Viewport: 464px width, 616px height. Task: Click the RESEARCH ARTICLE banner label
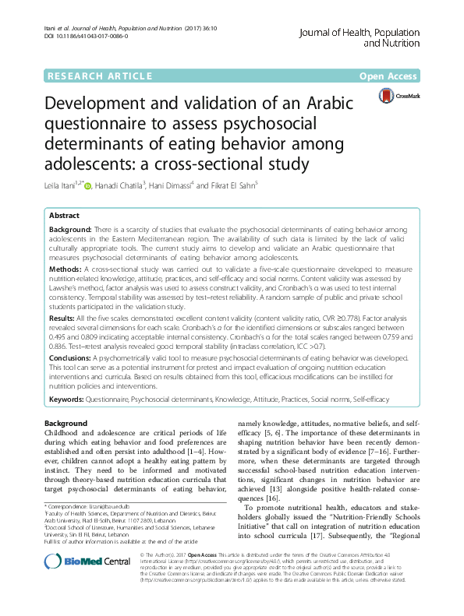99,76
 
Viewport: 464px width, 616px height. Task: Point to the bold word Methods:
67,267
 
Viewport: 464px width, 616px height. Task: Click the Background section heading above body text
66,421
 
